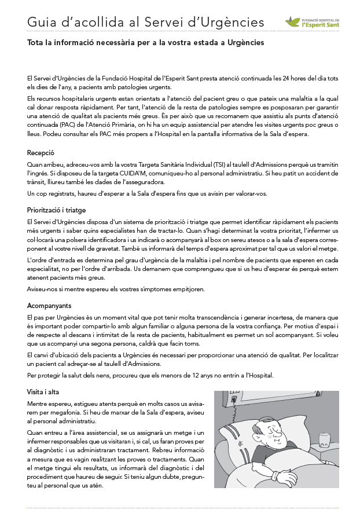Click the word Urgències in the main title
click(233, 23)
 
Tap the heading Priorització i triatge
click(56, 210)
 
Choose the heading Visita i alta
click(43, 392)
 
